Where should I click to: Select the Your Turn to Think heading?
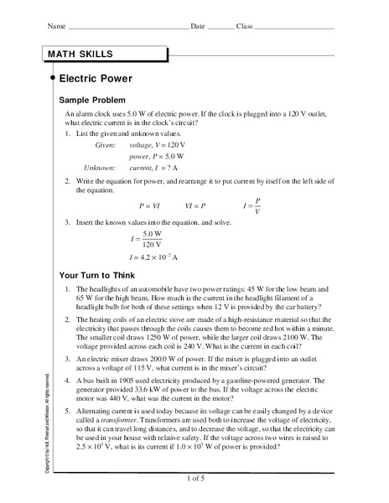101,274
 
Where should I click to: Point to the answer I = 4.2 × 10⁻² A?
156,257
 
